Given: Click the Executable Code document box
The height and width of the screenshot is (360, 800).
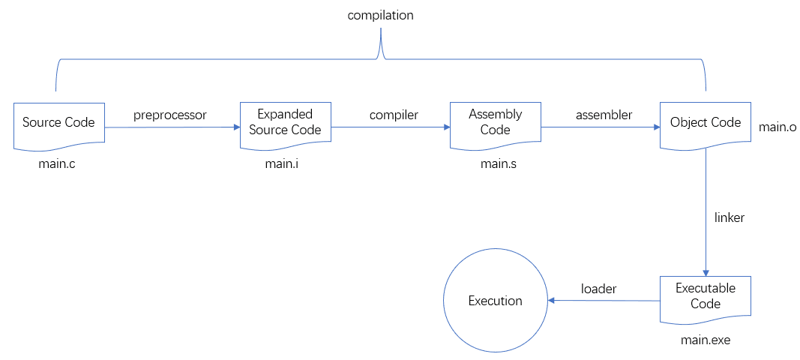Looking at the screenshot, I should click(705, 297).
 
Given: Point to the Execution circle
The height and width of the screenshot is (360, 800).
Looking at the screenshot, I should click(495, 301).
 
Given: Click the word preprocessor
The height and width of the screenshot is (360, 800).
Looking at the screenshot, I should click(169, 115).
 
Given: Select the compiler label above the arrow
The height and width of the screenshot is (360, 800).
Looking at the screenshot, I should click(394, 115).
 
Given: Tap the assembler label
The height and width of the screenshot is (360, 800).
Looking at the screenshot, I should click(604, 115).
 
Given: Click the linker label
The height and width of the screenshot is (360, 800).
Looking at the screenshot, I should click(729, 217).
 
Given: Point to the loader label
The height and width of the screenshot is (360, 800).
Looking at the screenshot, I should click(598, 288).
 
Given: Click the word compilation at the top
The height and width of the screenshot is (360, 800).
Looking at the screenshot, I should click(380, 15).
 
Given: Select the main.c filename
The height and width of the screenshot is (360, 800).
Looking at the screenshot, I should click(57, 164).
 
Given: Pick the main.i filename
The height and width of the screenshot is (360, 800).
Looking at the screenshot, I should click(283, 164).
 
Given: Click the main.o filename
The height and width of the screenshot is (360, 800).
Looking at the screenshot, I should click(778, 127).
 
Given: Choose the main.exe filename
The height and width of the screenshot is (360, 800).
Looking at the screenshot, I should click(705, 340).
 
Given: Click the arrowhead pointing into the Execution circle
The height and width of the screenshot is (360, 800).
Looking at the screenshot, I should click(551, 301).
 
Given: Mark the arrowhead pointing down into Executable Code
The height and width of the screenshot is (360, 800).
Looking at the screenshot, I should click(705, 271).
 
